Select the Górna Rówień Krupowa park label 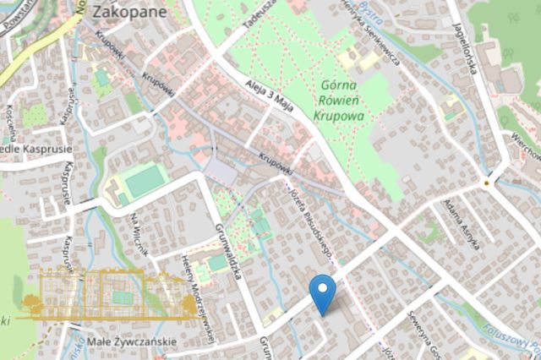[x=343, y=100]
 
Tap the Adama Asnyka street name [x=463, y=226]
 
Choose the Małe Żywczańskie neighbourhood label [x=132, y=341]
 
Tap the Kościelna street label [x=11, y=123]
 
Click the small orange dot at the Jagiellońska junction [x=486, y=182]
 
